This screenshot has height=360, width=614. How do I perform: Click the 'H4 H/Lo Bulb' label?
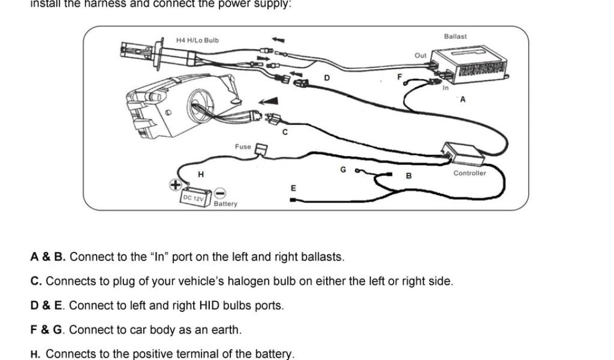[x=197, y=40]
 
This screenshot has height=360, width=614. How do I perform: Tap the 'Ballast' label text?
[x=455, y=37]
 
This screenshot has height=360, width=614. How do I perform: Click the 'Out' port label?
[x=420, y=55]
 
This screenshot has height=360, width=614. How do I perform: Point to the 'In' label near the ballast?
[x=446, y=88]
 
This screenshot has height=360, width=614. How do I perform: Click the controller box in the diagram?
[x=463, y=154]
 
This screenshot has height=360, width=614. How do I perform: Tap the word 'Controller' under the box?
[x=469, y=173]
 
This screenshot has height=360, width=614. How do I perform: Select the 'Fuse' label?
[x=243, y=146]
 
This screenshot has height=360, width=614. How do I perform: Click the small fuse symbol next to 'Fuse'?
[x=261, y=148]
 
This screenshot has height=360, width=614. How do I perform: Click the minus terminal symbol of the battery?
[x=220, y=193]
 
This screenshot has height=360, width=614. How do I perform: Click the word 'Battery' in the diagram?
[x=225, y=204]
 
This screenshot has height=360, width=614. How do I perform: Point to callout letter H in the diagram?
[x=201, y=174]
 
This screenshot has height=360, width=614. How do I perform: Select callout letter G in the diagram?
[x=343, y=170]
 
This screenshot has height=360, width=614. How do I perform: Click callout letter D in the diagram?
[x=327, y=77]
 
